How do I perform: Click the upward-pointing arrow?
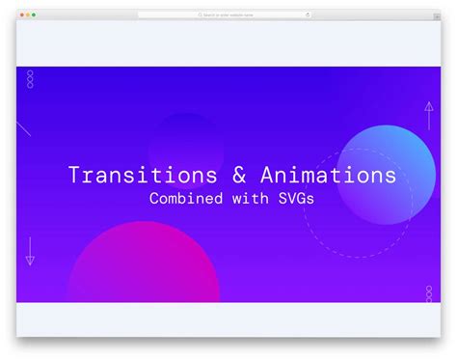[428, 116]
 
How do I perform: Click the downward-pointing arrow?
[30, 251]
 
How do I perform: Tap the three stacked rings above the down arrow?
[30, 78]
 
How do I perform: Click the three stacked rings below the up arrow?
[429, 293]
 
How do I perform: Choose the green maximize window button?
[35, 15]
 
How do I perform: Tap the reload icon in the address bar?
[309, 15]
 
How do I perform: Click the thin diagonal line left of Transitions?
[23, 128]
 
